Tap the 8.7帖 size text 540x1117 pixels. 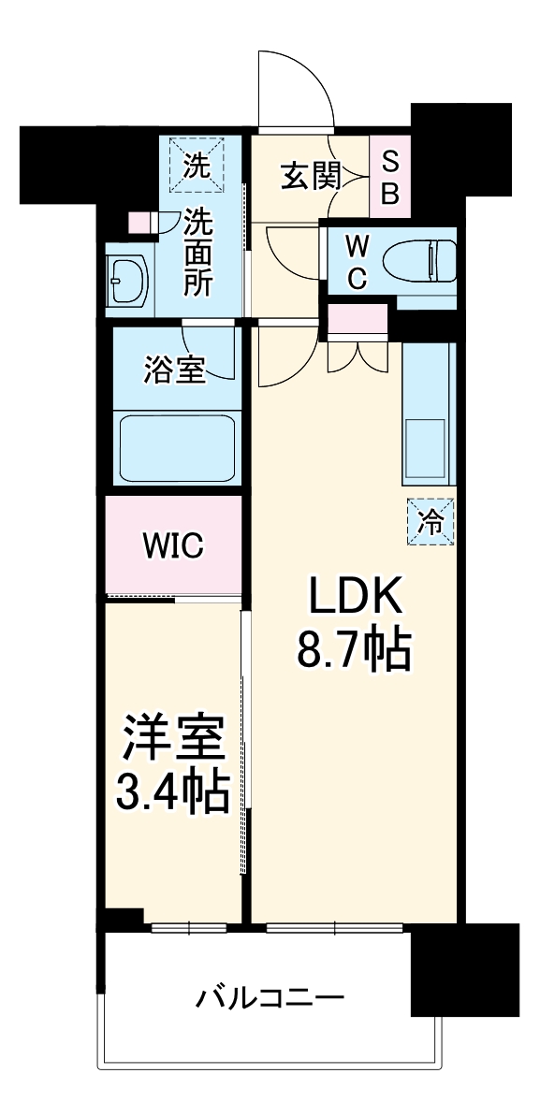pyautogui.click(x=354, y=649)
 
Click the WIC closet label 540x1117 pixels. pyautogui.click(x=172, y=546)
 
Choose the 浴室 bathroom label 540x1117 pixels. pyautogui.click(x=173, y=370)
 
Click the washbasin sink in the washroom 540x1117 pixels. pyautogui.click(x=127, y=277)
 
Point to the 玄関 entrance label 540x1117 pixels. pyautogui.click(x=309, y=175)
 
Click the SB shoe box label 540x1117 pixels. pyautogui.click(x=390, y=177)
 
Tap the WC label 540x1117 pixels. pyautogui.click(x=357, y=263)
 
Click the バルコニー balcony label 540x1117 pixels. pyautogui.click(x=270, y=996)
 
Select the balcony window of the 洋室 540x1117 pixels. pyautogui.click(x=189, y=928)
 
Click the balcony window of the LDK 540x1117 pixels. pyautogui.click(x=334, y=928)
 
